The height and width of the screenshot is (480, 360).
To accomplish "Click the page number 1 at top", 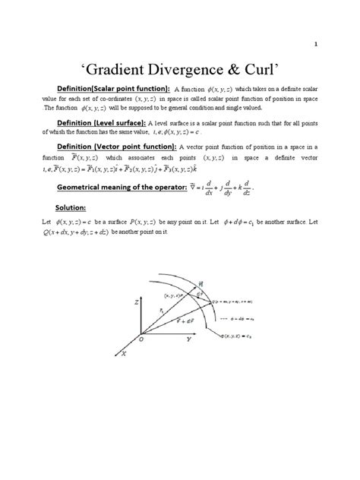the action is tap(336, 43).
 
